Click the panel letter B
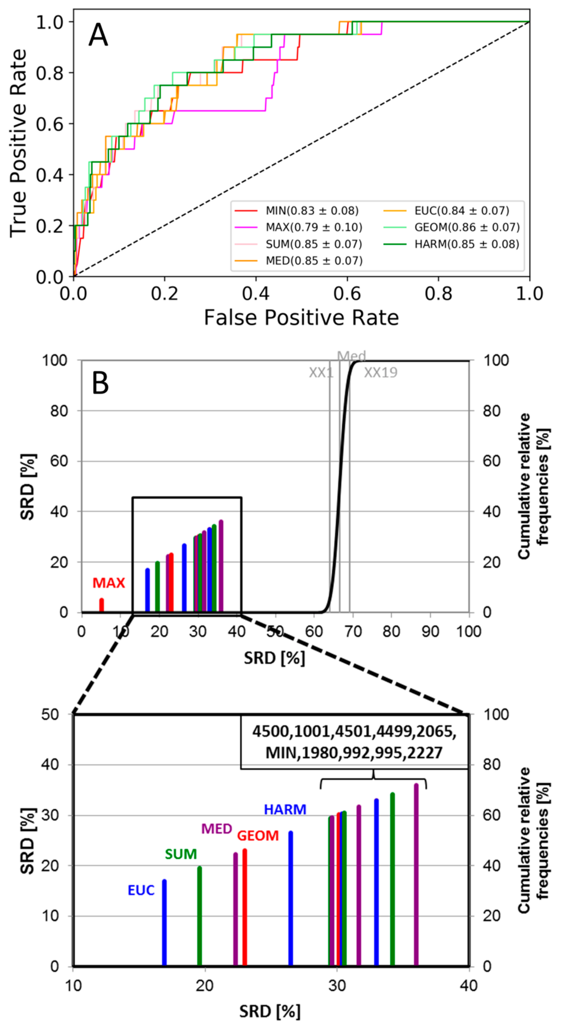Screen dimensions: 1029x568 click(x=101, y=384)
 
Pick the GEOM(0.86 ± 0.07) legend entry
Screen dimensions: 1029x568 click(x=467, y=227)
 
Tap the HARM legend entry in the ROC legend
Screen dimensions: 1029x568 click(x=467, y=244)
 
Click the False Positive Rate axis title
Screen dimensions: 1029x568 click(x=301, y=318)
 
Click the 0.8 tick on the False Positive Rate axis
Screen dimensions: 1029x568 click(x=438, y=294)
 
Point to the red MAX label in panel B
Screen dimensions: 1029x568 click(x=109, y=583)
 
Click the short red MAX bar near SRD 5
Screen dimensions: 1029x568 click(x=101, y=605)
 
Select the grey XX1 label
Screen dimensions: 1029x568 click(x=321, y=373)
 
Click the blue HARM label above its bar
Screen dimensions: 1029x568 click(x=285, y=809)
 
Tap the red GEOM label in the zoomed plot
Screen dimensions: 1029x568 click(x=258, y=836)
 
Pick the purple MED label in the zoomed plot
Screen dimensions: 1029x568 click(x=216, y=829)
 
